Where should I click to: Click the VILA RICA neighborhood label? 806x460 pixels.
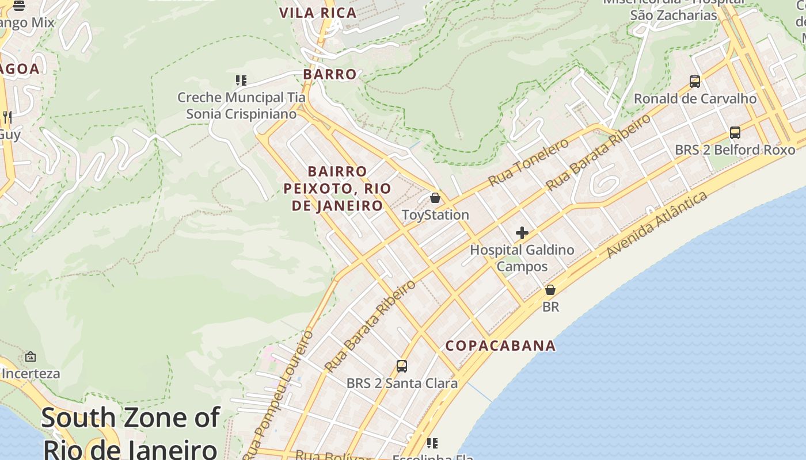pyautogui.click(x=318, y=13)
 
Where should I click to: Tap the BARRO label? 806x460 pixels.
pyautogui.click(x=330, y=74)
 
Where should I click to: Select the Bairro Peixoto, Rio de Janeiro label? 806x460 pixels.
pyautogui.click(x=337, y=188)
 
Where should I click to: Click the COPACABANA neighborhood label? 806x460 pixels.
pyautogui.click(x=500, y=346)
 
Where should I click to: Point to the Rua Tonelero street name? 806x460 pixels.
pyautogui.click(x=529, y=162)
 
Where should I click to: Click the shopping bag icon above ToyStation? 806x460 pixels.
pyautogui.click(x=435, y=198)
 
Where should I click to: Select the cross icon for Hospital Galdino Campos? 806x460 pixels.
pyautogui.click(x=522, y=233)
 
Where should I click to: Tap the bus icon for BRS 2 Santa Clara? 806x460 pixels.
pyautogui.click(x=402, y=366)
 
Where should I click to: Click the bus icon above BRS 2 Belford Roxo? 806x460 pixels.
pyautogui.click(x=735, y=133)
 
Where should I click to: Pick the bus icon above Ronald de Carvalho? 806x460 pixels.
pyautogui.click(x=695, y=82)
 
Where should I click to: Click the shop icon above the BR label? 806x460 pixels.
pyautogui.click(x=550, y=290)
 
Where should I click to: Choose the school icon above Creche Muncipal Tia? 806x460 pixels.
pyautogui.click(x=241, y=80)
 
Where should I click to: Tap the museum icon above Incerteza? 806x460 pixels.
pyautogui.click(x=31, y=357)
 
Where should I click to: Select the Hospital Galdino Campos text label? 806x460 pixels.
pyautogui.click(x=522, y=258)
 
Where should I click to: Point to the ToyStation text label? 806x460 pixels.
pyautogui.click(x=435, y=215)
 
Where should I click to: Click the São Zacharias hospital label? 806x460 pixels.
pyautogui.click(x=674, y=15)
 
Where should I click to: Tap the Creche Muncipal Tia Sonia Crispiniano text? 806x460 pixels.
pyautogui.click(x=241, y=106)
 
